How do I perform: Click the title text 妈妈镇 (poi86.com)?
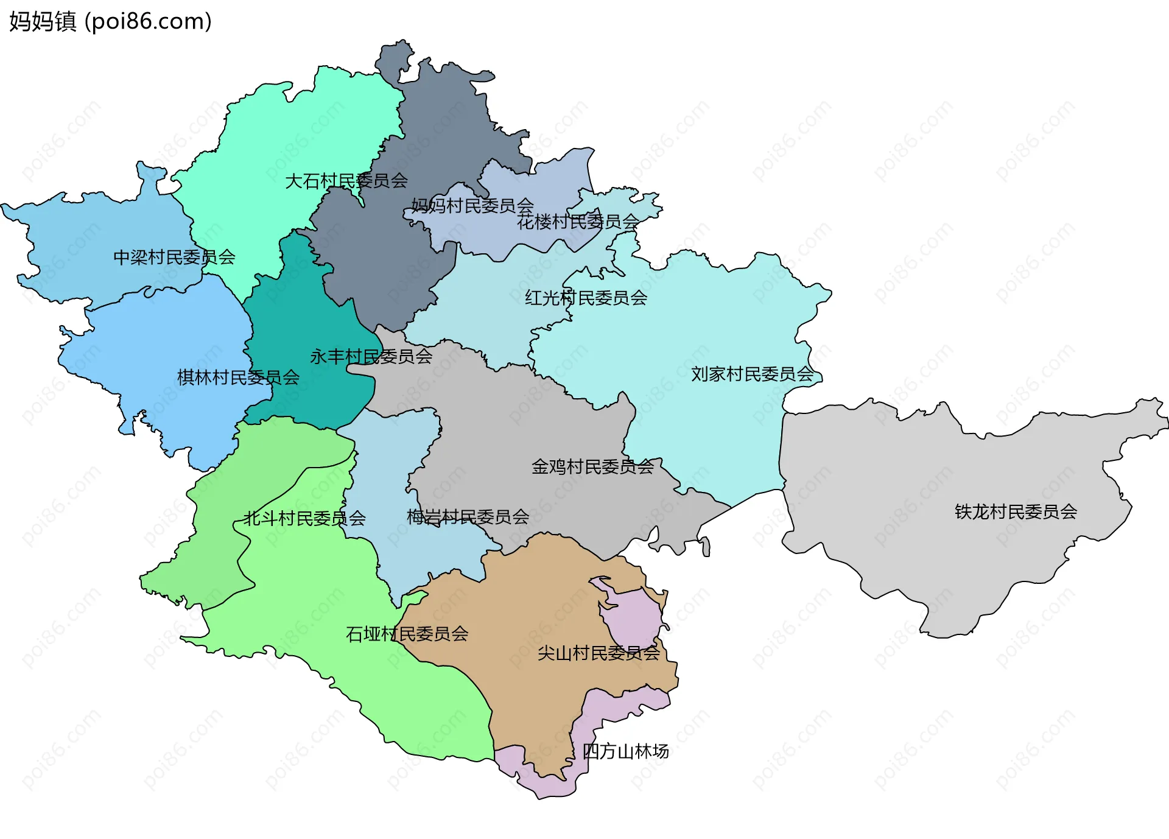(x=110, y=21)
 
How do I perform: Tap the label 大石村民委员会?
(x=346, y=181)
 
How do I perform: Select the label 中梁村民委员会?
(x=174, y=257)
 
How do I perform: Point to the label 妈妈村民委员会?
(x=472, y=206)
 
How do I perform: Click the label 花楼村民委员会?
(x=578, y=222)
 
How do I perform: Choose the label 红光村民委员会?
(x=586, y=298)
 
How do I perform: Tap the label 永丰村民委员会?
(x=371, y=356)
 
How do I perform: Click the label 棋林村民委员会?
(x=238, y=377)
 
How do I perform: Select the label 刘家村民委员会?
(x=752, y=374)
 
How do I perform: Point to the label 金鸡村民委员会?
(x=592, y=467)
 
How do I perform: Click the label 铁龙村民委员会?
(x=1016, y=511)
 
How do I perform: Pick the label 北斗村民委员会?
(x=304, y=519)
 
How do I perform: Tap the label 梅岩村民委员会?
(x=468, y=517)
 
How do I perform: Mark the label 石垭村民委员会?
(x=407, y=634)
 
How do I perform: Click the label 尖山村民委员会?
(x=599, y=653)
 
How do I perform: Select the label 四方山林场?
(x=625, y=751)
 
